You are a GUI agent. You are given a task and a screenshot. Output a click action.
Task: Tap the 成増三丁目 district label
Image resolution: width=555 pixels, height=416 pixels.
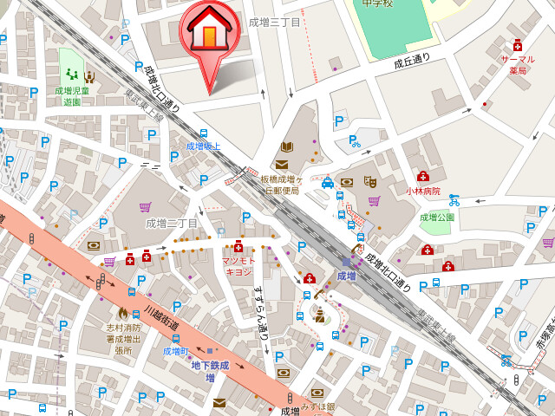274,23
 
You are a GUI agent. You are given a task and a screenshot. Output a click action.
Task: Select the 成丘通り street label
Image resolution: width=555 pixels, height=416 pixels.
412,62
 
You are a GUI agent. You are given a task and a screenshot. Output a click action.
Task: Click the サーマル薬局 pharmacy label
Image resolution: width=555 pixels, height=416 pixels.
517,64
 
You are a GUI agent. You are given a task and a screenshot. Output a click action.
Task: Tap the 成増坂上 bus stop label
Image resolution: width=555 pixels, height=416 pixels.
203,146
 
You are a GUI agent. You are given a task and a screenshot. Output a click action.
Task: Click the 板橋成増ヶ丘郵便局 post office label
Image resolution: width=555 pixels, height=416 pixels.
280,185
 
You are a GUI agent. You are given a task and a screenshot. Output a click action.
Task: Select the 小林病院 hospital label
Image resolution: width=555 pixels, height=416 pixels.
423,191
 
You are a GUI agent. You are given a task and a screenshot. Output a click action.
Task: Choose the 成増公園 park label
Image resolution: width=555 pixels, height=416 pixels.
437,218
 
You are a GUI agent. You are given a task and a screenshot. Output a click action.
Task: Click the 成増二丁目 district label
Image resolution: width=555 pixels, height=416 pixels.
172,223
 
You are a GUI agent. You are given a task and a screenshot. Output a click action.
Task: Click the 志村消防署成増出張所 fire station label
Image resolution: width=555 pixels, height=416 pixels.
124,338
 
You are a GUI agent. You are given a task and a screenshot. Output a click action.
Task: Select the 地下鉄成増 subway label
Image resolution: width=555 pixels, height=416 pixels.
209,372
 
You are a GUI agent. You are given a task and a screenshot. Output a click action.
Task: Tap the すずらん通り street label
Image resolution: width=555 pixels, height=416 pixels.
260,311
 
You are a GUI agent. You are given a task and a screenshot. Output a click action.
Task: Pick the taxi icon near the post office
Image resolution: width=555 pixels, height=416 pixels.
328,183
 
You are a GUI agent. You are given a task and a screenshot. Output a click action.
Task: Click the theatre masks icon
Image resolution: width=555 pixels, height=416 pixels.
369,182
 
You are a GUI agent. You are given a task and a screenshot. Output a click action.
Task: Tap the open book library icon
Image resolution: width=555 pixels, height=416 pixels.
288,146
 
